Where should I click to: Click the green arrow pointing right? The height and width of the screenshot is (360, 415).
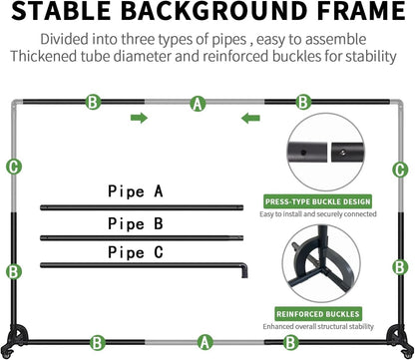point(139,118)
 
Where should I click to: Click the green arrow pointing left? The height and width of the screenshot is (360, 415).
point(250,118)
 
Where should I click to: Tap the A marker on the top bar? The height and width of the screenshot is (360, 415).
point(198,104)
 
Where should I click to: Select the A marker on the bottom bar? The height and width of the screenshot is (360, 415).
point(205,342)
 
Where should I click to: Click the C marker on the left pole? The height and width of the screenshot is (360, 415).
point(14,167)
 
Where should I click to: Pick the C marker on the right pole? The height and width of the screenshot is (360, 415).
point(400,170)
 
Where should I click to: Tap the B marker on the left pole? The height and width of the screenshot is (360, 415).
point(13,271)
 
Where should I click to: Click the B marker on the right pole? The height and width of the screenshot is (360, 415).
point(400,267)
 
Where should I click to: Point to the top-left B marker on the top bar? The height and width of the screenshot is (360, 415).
point(93,102)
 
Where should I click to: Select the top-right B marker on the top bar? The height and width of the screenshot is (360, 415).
point(303,102)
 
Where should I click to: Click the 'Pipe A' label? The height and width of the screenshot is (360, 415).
point(136,191)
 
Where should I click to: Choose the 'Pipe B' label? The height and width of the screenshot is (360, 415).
point(136,223)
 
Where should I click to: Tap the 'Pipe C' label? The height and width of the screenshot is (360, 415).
point(136,252)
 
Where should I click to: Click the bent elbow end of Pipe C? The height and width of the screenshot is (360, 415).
point(244,270)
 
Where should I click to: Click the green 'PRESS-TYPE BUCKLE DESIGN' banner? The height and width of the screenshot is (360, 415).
point(317,201)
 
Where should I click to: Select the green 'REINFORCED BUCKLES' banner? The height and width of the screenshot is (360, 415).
point(318,314)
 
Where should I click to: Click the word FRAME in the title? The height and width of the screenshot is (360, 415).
point(361,11)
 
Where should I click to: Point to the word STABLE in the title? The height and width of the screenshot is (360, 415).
point(61,11)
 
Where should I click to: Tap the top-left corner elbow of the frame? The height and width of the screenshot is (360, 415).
point(16,104)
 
